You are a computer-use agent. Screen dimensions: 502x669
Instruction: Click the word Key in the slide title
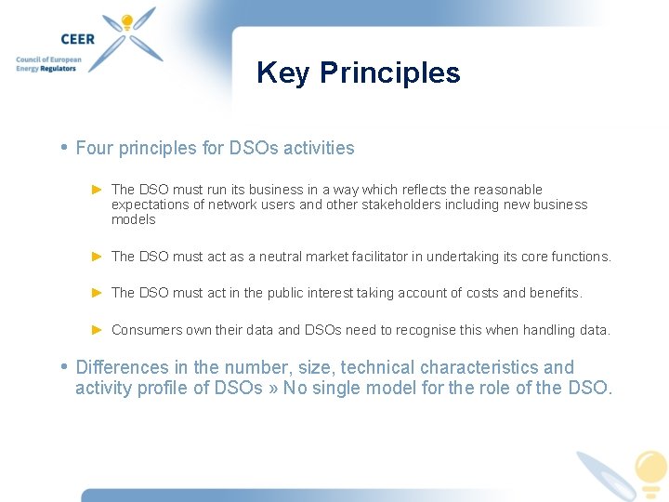pyautogui.click(x=282, y=73)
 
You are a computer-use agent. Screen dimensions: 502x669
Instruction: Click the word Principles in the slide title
pyautogui.click(x=389, y=73)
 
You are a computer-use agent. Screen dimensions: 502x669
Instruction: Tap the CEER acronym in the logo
pyautogui.click(x=77, y=39)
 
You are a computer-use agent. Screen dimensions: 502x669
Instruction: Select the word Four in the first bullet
pyautogui.click(x=93, y=148)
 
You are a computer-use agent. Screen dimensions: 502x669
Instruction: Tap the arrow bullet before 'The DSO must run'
pyautogui.click(x=98, y=190)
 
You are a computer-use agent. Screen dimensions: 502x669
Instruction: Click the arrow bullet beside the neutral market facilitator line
pyautogui.click(x=98, y=256)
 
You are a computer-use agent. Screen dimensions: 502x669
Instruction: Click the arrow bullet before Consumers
pyautogui.click(x=98, y=329)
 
